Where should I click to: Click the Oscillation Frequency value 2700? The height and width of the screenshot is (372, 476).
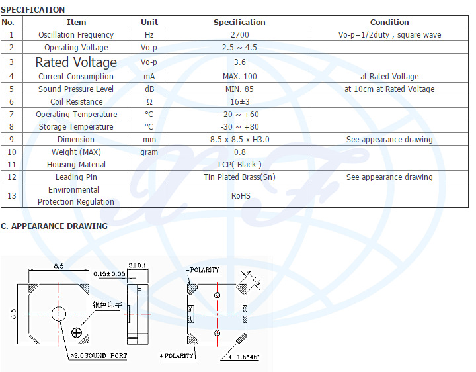point(239,35)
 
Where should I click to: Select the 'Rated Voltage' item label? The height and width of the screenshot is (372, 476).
point(76,62)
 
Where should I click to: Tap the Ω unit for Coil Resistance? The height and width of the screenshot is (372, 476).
point(149,102)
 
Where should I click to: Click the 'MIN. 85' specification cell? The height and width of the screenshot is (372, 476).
point(239,89)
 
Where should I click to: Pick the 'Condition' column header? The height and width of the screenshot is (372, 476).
point(389,23)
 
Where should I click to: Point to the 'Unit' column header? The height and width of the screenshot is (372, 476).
point(149,23)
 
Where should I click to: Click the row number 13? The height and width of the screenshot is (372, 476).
point(11,195)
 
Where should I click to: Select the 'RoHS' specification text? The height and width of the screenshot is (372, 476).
point(239,195)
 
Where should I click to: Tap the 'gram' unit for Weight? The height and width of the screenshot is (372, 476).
point(149,152)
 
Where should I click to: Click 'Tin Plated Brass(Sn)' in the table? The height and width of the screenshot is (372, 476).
point(239,177)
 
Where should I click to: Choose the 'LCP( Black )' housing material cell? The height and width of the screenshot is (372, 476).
point(239,165)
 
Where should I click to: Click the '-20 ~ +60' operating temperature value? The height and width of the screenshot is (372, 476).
point(239,115)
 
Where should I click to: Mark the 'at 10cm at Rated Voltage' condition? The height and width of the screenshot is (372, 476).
point(389,89)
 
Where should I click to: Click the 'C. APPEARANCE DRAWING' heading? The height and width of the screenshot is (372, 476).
point(54,226)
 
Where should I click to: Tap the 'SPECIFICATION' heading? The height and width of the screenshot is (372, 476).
point(33,10)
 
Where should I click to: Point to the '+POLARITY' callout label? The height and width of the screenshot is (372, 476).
point(177,356)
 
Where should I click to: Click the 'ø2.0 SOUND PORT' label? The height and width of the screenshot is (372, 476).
point(99,356)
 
